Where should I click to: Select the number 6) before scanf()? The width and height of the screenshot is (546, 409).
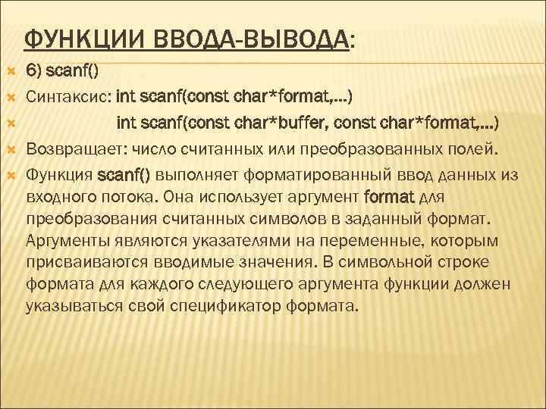pyautogui.click(x=34, y=71)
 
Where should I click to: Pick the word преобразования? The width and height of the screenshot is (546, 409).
pyautogui.click(x=91, y=220)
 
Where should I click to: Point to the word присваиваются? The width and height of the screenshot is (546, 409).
pyautogui.click(x=86, y=263)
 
